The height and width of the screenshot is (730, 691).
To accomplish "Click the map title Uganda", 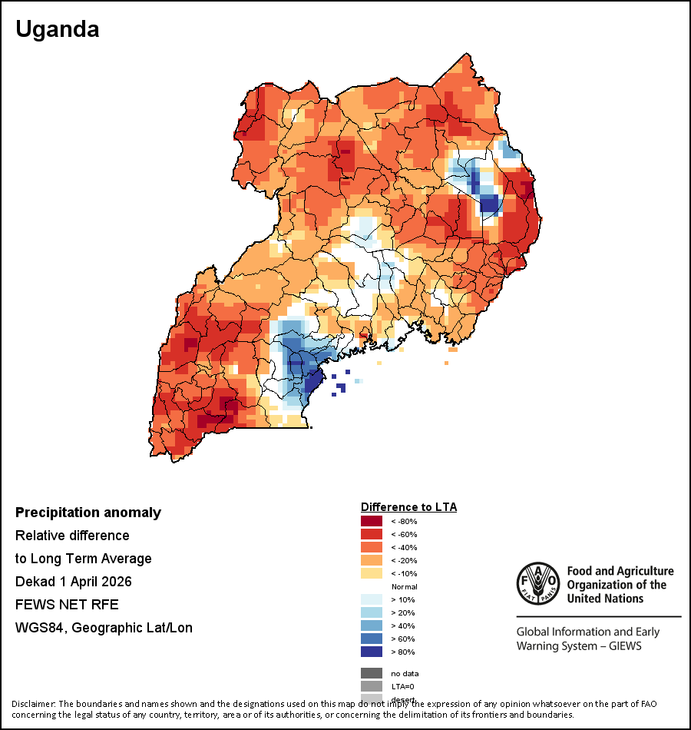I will pos(58,30).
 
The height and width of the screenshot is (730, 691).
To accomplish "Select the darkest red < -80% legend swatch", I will pos(372,521).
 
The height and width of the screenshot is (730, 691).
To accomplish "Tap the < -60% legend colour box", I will pos(372,534).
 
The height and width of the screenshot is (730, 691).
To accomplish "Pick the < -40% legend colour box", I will pos(372,547).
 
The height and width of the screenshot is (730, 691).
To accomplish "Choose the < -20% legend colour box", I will pos(372,560).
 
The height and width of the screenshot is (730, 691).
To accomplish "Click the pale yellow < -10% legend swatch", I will pos(372,573).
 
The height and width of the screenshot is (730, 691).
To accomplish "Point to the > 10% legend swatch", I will pos(372,599).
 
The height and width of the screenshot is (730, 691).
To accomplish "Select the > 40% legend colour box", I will pos(372,625).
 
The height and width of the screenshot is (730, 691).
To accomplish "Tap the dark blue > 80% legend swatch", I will pos(372,652).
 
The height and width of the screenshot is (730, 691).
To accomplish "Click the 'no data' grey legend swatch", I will pos(372,673).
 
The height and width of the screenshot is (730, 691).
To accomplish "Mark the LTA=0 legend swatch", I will pos(372,686).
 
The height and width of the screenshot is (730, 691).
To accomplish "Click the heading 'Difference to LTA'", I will pos(408,507).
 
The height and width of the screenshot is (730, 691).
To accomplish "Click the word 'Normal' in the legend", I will pos(404,586).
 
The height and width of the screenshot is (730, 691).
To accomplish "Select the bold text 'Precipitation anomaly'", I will pos(88,513).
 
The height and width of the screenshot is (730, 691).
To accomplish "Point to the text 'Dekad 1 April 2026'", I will pos(74,581).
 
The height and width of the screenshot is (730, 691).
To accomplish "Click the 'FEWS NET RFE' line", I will pos(67,604).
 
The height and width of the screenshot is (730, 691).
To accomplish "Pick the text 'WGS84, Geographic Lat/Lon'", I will pos(104,628).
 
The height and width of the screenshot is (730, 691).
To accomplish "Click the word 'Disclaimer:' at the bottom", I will pos(33,704).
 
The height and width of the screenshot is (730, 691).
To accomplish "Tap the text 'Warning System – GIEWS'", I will pos(579,645).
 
